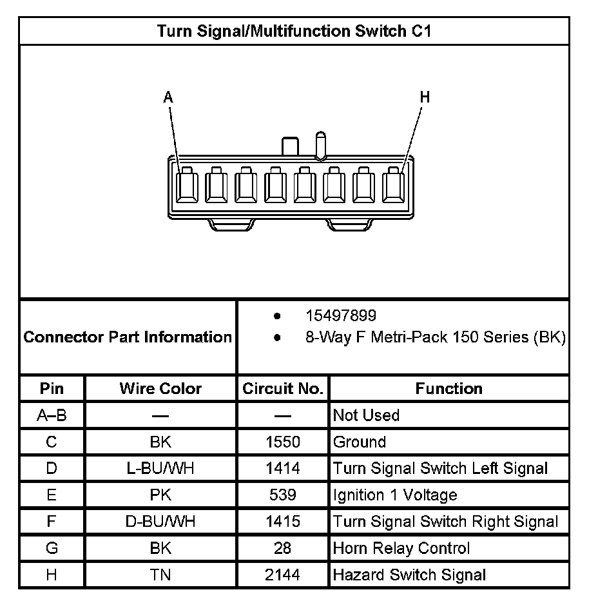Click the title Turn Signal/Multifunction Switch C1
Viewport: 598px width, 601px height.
pyautogui.click(x=294, y=32)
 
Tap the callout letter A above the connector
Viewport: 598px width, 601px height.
pyautogui.click(x=168, y=97)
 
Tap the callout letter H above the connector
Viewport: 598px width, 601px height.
pyautogui.click(x=425, y=97)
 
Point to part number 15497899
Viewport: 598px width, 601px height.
pyautogui.click(x=341, y=316)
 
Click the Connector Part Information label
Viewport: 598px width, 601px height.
pyautogui.click(x=128, y=337)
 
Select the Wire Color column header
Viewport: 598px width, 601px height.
pyautogui.click(x=160, y=389)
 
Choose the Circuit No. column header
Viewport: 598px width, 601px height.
pyautogui.click(x=282, y=389)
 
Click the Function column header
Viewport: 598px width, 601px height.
pyautogui.click(x=448, y=389)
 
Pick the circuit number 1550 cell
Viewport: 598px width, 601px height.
pyautogui.click(x=282, y=442)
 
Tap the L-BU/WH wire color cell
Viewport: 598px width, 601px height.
pyautogui.click(x=160, y=469)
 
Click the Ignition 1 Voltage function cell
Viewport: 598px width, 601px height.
pyautogui.click(x=395, y=495)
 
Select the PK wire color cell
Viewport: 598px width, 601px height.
pyautogui.click(x=160, y=495)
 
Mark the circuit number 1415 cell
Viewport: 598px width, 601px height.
pyautogui.click(x=282, y=522)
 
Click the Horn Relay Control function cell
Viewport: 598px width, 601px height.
pyautogui.click(x=401, y=548)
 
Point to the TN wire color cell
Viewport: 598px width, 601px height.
pyautogui.click(x=160, y=575)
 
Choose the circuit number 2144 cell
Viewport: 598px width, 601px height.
pyautogui.click(x=282, y=575)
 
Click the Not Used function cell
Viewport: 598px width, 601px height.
pyautogui.click(x=366, y=416)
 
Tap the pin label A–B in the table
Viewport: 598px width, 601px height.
pyautogui.click(x=52, y=416)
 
